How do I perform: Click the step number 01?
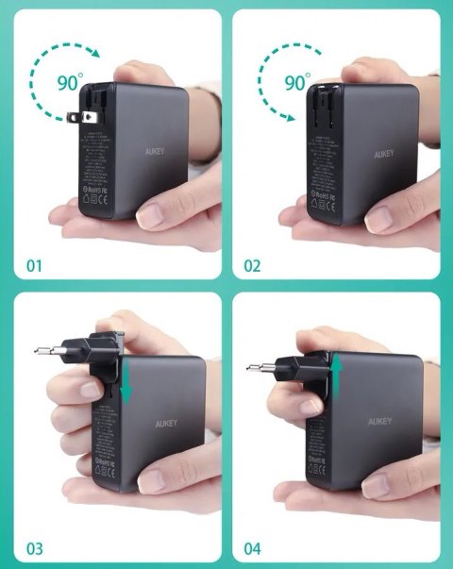[x=34, y=265]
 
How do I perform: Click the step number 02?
[x=251, y=265]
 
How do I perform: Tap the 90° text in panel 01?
[x=69, y=82]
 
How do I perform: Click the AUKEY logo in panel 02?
[x=377, y=152]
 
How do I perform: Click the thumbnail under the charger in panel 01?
[x=155, y=215]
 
